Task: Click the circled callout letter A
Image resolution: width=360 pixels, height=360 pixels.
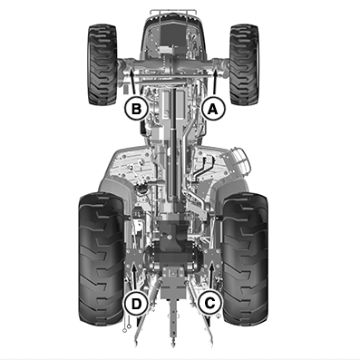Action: click(213, 109)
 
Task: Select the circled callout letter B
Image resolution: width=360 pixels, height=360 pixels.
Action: click(137, 109)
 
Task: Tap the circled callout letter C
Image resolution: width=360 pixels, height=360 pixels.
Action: click(210, 303)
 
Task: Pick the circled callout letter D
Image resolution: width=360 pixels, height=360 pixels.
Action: click(136, 303)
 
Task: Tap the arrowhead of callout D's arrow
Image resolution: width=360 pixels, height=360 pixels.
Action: click(134, 267)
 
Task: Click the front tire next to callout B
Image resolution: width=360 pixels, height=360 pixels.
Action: click(102, 64)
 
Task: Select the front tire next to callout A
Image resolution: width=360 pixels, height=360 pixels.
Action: click(244, 64)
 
